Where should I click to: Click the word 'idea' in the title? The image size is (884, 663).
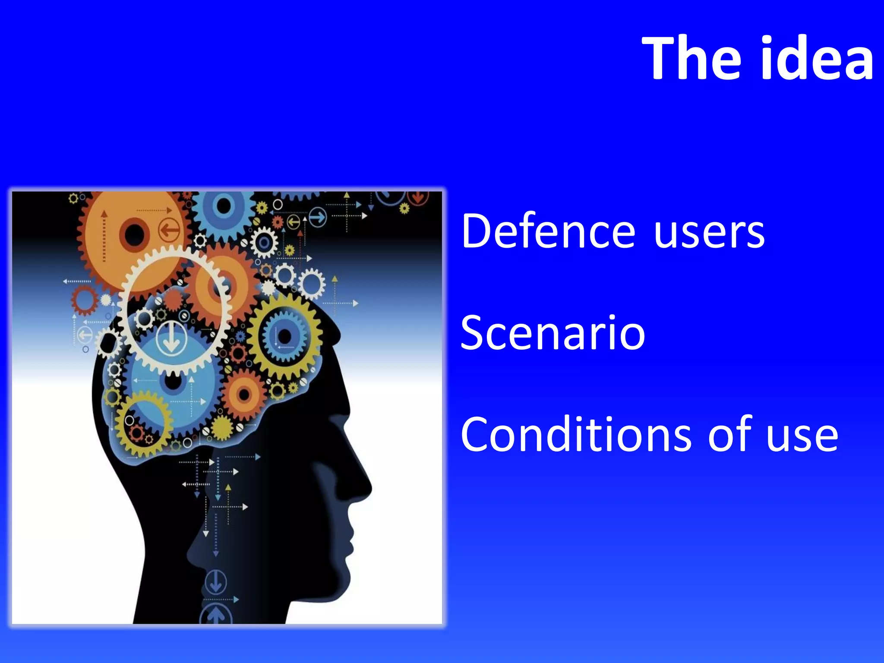(816, 58)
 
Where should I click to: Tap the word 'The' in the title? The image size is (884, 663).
(695, 58)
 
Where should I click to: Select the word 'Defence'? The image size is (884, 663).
(548, 232)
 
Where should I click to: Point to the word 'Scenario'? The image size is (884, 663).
(553, 333)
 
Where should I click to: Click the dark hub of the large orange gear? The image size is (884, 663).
(134, 234)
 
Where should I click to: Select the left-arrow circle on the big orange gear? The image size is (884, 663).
(170, 230)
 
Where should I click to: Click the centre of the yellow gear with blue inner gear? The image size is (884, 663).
(285, 336)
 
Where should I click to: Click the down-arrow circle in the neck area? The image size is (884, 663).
(215, 581)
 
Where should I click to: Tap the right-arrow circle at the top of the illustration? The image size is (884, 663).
(318, 217)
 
